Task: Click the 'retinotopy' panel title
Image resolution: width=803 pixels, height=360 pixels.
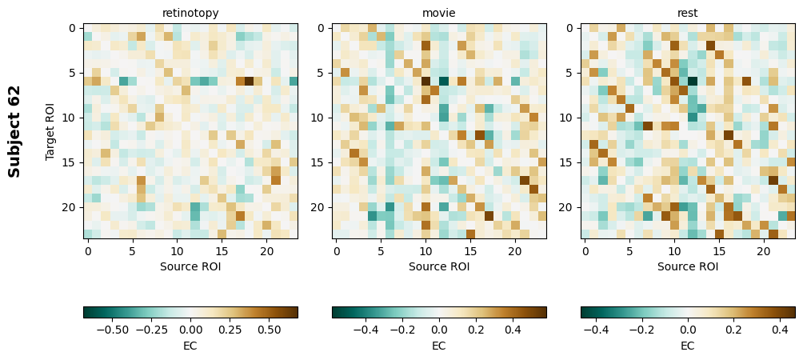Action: pyautogui.click(x=190, y=13)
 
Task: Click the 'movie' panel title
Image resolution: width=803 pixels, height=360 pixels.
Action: pyautogui.click(x=439, y=13)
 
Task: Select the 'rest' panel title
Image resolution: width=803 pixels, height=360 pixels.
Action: pyautogui.click(x=688, y=13)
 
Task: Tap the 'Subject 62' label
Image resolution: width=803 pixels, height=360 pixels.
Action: pyautogui.click(x=14, y=131)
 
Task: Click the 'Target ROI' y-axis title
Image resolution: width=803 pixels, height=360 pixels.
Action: pyautogui.click(x=50, y=131)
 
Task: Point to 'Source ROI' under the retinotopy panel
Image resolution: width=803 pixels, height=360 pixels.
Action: pyautogui.click(x=190, y=266)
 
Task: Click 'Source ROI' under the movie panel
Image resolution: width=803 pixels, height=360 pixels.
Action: pyautogui.click(x=439, y=266)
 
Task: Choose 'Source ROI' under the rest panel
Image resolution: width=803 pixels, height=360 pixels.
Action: pyautogui.click(x=688, y=266)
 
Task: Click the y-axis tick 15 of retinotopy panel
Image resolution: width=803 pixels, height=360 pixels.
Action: pyautogui.click(x=70, y=162)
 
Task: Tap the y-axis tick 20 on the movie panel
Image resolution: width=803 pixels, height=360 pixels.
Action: pyautogui.click(x=318, y=207)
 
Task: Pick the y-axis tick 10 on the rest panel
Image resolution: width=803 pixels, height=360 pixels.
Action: pyautogui.click(x=567, y=118)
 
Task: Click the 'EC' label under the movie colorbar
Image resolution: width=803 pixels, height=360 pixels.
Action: pyautogui.click(x=439, y=346)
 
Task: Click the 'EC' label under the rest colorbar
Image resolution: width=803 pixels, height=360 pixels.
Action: pyautogui.click(x=688, y=346)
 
